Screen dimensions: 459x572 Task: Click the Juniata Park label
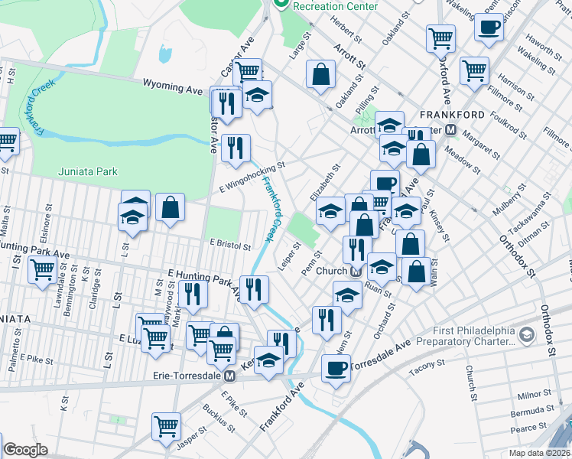point(88,171)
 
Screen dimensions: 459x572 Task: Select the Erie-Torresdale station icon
point(229,376)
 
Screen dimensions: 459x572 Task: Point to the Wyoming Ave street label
point(174,89)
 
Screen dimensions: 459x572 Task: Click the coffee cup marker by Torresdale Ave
point(335,369)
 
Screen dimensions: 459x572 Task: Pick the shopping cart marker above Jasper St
point(166,426)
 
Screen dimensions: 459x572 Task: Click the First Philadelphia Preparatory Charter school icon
point(526,335)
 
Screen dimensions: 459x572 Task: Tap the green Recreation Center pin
point(281,5)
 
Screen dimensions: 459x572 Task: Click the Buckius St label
point(208,419)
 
